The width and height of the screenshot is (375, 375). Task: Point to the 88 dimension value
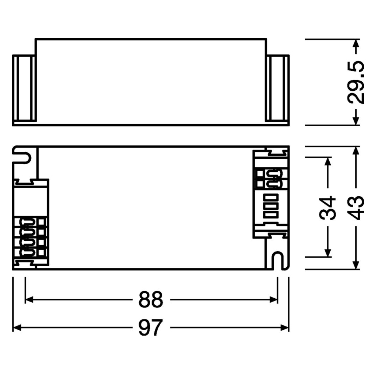point(151,299)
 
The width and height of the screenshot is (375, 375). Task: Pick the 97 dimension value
point(151,328)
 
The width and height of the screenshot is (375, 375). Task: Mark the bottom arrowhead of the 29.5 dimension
point(356,120)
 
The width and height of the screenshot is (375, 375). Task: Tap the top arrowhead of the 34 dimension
point(328,161)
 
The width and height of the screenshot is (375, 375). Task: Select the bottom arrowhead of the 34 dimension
point(328,253)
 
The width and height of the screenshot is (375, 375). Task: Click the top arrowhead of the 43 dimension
point(356,151)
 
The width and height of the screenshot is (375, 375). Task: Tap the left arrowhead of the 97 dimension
point(17,328)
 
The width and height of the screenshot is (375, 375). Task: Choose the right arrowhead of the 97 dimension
point(285,328)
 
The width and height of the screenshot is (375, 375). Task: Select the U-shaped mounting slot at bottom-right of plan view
point(279,260)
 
